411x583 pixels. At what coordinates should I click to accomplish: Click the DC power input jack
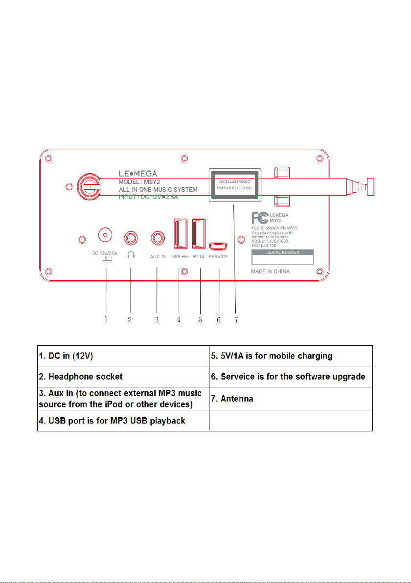[x=104, y=235]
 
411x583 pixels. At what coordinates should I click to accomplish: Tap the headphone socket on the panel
[x=131, y=238]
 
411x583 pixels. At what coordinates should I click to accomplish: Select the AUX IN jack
[x=158, y=238]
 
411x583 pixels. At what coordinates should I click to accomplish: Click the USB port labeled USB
[x=179, y=233]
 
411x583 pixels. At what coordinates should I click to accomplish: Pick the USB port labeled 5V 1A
[x=199, y=233]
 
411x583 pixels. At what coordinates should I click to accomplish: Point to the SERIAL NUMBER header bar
[x=282, y=253]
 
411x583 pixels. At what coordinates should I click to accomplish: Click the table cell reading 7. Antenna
[x=291, y=399]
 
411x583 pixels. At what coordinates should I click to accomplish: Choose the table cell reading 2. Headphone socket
[x=123, y=377]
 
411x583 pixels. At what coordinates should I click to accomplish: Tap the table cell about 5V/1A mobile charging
[x=291, y=356]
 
